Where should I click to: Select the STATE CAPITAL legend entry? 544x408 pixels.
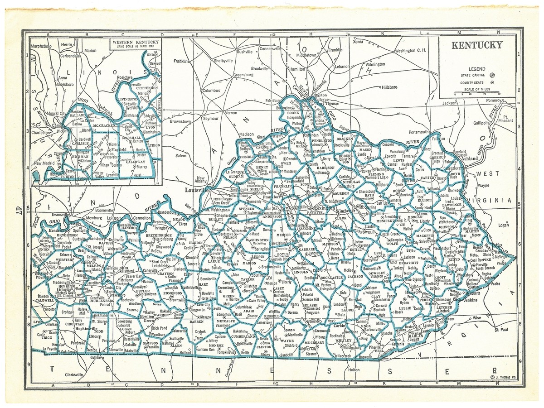471,75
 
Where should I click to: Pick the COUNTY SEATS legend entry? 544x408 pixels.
471,82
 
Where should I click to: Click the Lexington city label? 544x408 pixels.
323,208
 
